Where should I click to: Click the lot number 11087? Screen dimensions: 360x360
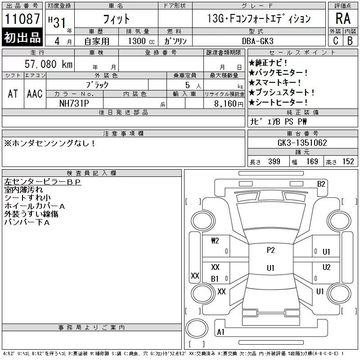(x=22, y=18)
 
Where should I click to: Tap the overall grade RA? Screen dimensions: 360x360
(x=343, y=18)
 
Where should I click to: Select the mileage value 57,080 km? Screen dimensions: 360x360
(x=49, y=64)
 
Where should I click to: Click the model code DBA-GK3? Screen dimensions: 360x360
(x=258, y=41)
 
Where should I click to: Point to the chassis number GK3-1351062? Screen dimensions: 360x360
(x=302, y=143)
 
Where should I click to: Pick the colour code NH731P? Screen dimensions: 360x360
(x=74, y=103)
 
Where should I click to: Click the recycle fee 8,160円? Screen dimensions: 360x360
(x=229, y=104)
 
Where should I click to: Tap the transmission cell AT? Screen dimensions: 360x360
(x=13, y=94)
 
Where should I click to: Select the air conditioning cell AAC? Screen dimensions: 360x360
(x=35, y=94)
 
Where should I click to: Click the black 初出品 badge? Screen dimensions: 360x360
(x=22, y=37)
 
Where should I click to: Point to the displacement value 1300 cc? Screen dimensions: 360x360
(x=141, y=41)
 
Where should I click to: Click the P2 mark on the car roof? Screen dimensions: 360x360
(x=271, y=250)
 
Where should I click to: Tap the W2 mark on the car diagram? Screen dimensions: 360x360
(x=215, y=241)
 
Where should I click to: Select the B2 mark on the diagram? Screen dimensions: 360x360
(x=321, y=184)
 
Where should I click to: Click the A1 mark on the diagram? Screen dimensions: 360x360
(x=220, y=332)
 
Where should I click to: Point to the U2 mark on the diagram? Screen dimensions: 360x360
(x=326, y=267)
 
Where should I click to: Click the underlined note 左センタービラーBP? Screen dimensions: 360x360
(x=42, y=182)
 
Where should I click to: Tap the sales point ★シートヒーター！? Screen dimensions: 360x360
(x=278, y=102)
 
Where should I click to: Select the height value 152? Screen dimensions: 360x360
(x=348, y=162)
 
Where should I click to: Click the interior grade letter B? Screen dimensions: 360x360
(x=350, y=41)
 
